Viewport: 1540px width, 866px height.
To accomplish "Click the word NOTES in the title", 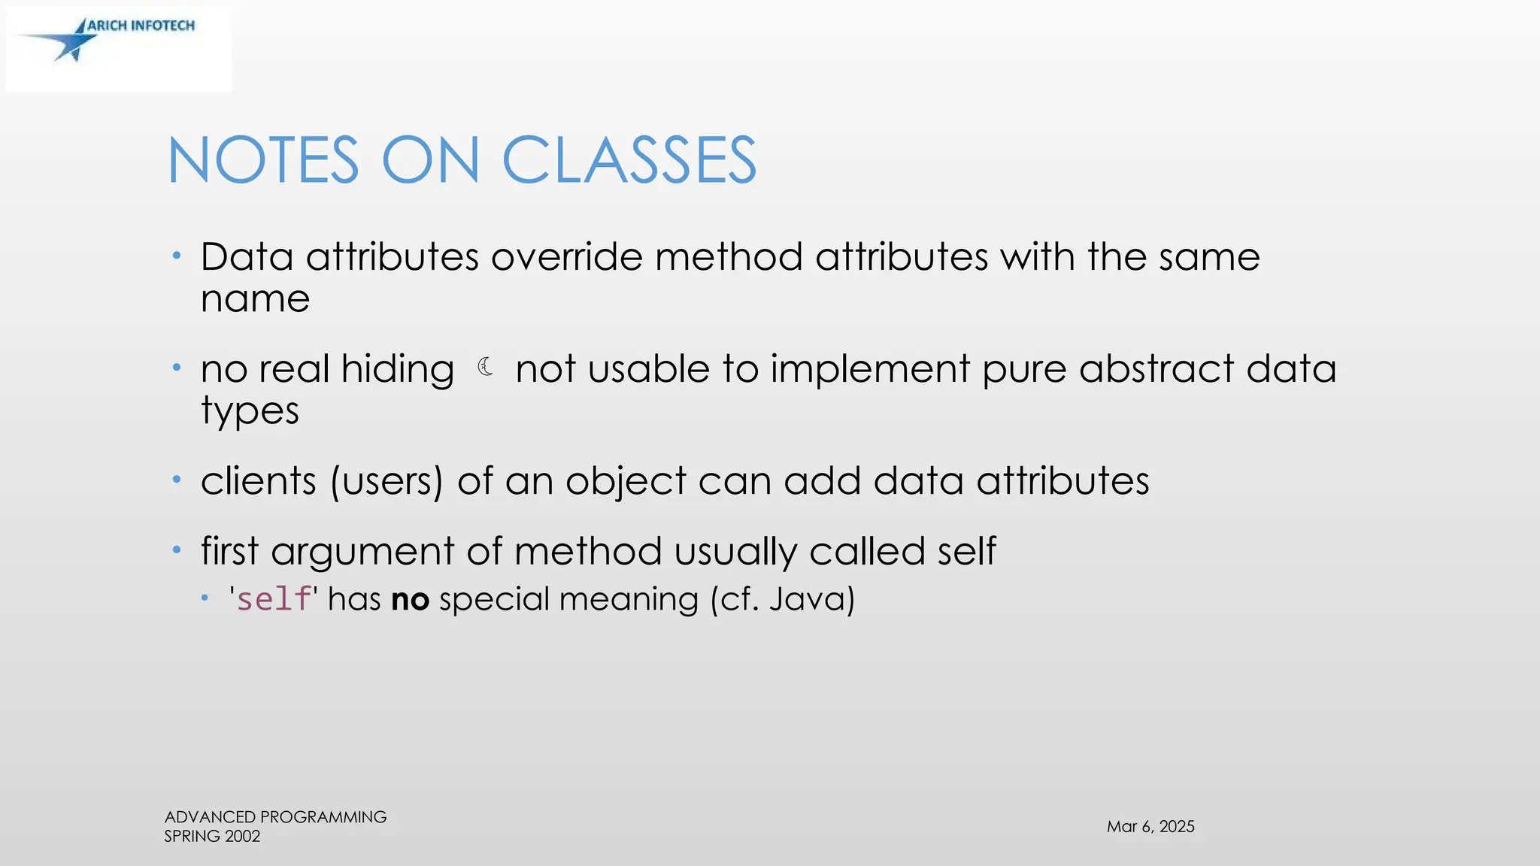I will (263, 160).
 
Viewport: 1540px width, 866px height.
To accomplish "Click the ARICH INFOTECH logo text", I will (141, 26).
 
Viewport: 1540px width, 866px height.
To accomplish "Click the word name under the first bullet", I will (255, 299).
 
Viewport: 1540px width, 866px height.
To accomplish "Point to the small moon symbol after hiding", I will (486, 367).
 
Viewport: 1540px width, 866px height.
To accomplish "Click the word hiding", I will (397, 370).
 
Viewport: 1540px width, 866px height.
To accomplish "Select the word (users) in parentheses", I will (387, 481).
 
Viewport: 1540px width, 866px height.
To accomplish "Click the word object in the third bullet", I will (626, 481).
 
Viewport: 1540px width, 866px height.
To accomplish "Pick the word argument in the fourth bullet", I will (362, 552).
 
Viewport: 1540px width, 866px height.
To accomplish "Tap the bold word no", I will (410, 600).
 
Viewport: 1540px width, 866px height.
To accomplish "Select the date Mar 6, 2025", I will (1150, 826).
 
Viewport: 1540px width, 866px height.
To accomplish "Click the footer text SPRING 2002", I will (212, 836).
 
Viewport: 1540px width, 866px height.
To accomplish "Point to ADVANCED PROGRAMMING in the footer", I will (275, 816).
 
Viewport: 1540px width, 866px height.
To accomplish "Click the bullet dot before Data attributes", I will (177, 256).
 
